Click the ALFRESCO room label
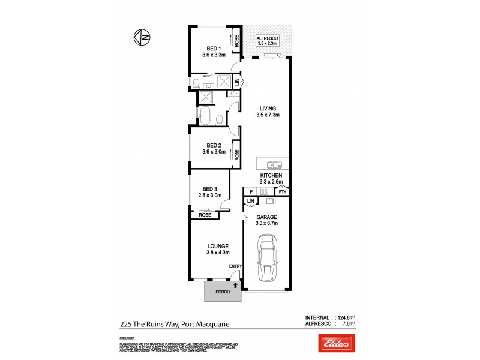pyautogui.click(x=267, y=37)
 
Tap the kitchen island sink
pyautogui.click(x=272, y=163)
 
